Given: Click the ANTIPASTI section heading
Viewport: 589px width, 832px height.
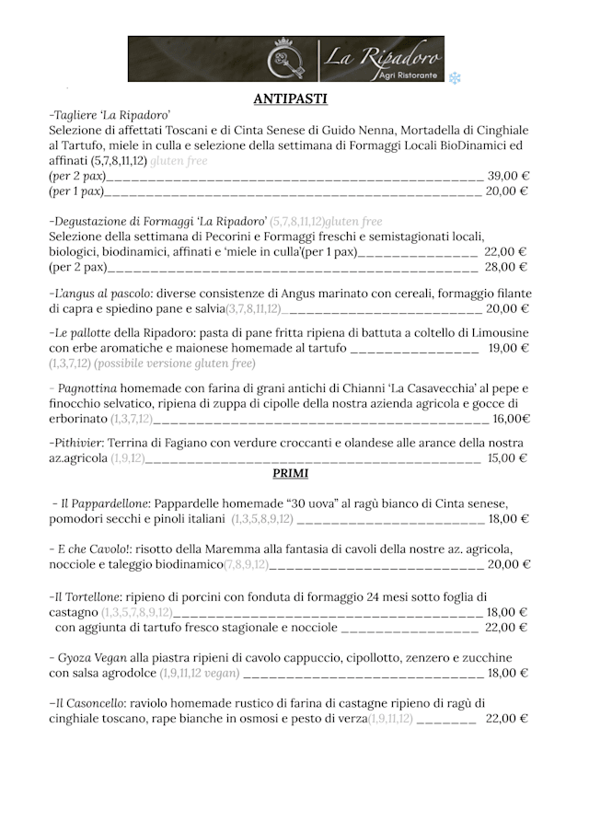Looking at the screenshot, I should click(290, 98).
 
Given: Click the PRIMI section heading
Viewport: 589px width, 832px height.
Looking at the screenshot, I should click(290, 473).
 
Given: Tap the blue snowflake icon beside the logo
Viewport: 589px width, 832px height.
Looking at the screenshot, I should click(455, 78).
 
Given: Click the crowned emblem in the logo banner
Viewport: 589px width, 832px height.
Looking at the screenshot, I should click(286, 59).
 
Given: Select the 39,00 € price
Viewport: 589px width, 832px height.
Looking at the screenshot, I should click(507, 176).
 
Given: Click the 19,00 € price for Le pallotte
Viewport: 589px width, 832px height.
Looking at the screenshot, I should click(508, 348).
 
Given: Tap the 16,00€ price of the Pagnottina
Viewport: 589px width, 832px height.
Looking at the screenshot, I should click(511, 418).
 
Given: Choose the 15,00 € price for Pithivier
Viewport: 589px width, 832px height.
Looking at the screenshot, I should click(507, 457).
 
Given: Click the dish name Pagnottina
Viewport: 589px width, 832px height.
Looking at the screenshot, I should click(86, 388).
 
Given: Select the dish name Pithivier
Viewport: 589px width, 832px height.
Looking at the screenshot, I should click(78, 443).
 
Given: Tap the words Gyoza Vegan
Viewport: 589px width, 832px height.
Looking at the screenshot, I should click(92, 658).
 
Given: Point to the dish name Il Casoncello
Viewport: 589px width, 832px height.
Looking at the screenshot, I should click(88, 703).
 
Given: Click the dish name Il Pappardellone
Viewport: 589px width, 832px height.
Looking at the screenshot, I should click(105, 503).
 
